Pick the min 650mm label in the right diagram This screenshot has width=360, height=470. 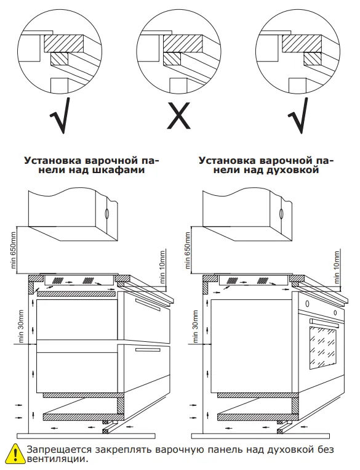pos(188,250)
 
